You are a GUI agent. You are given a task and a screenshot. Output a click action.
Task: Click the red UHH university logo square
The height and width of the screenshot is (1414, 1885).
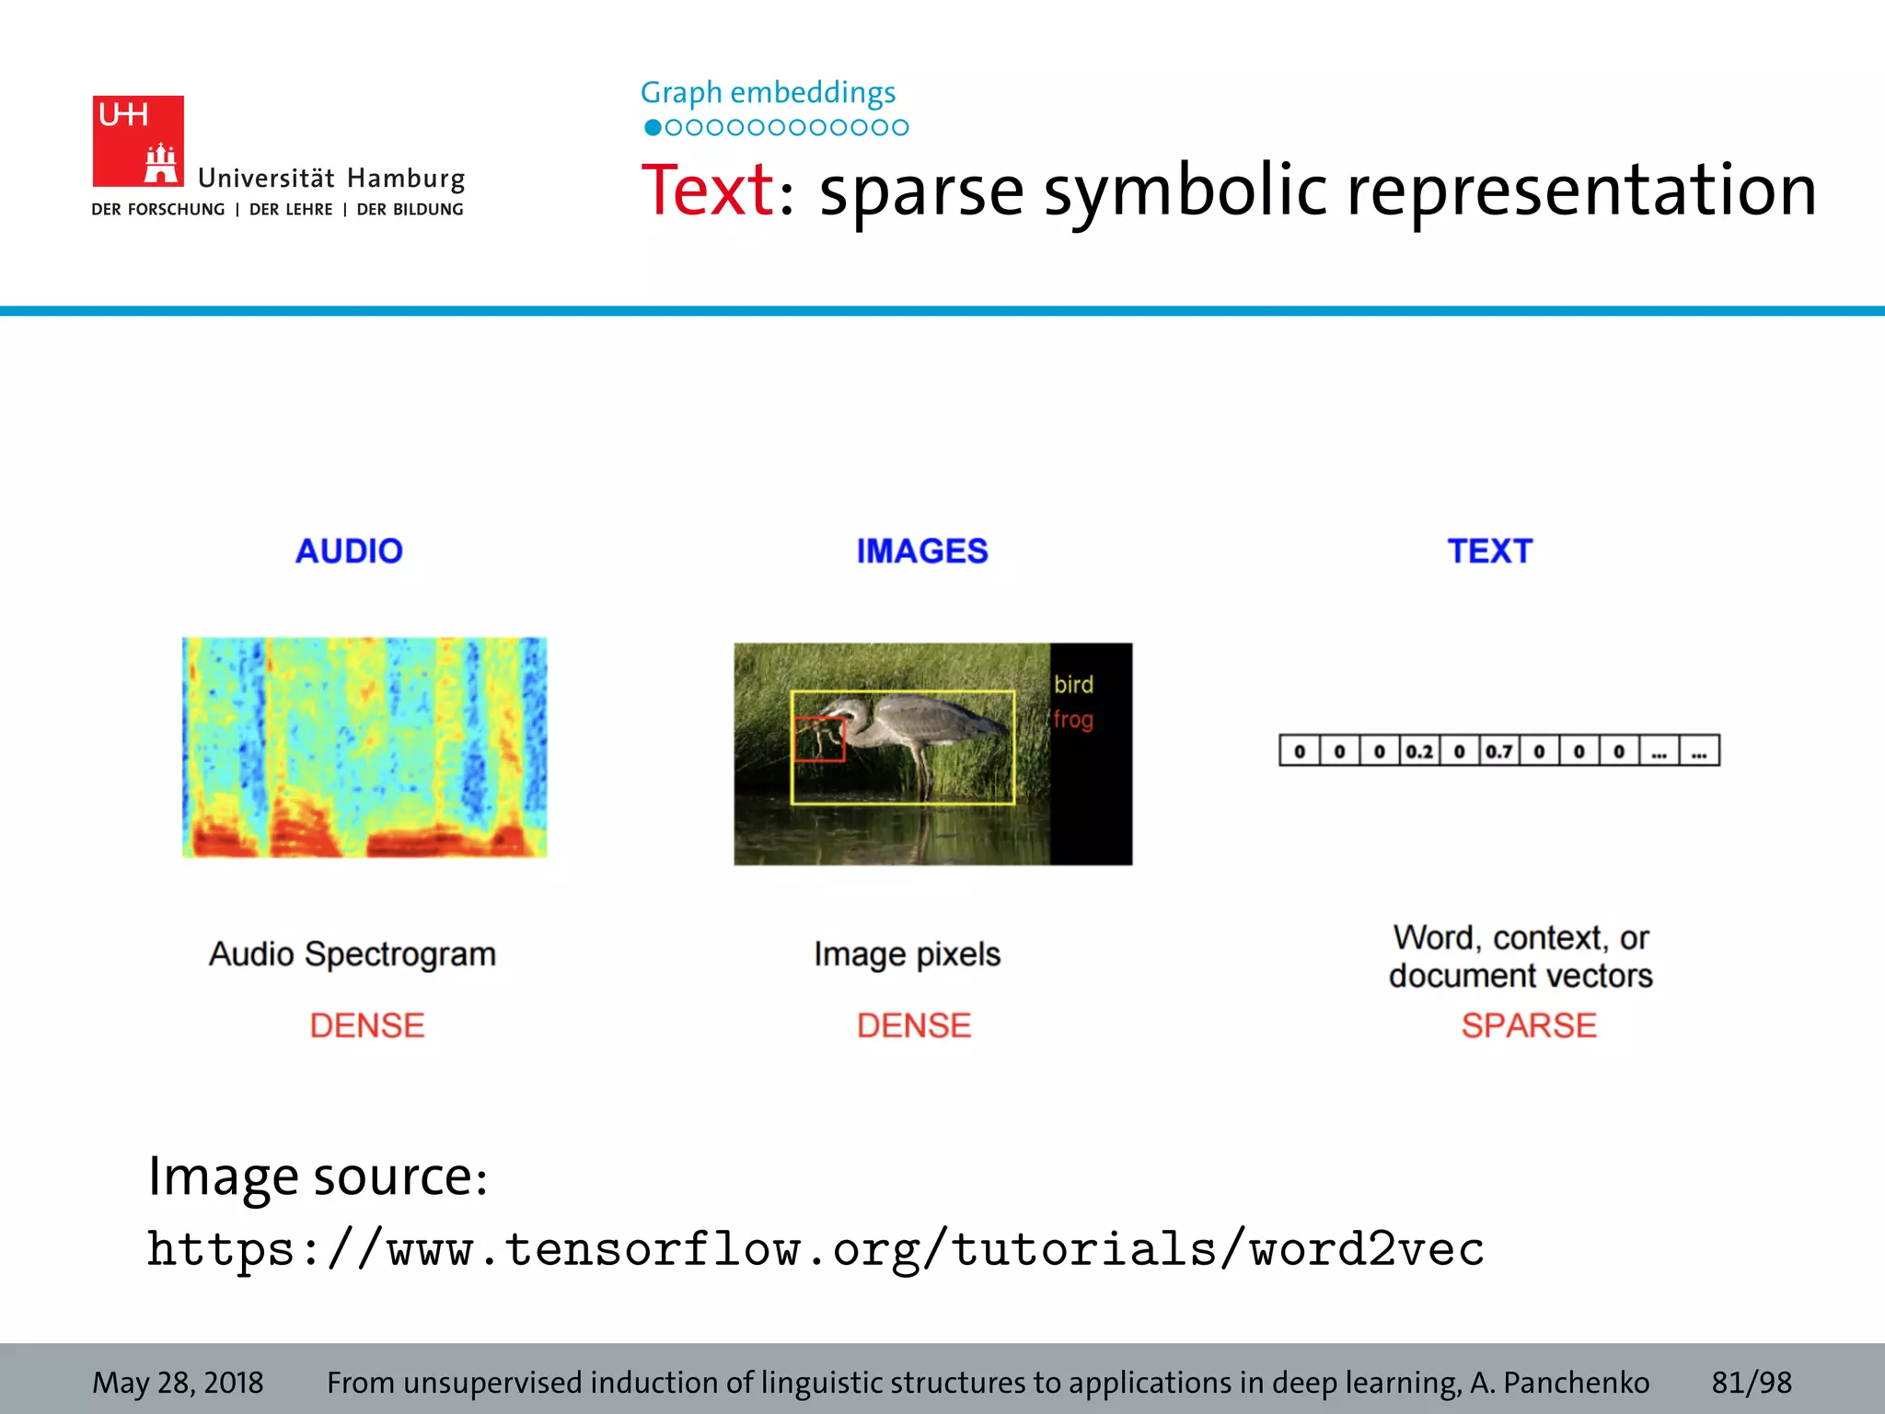click(x=138, y=141)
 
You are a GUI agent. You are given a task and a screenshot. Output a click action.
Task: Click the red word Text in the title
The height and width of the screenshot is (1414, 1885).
click(x=708, y=191)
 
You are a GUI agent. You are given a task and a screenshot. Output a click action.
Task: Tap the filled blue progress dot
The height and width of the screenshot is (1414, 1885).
click(x=653, y=128)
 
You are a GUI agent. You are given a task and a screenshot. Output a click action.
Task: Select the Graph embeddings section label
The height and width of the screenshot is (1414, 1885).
click(x=768, y=93)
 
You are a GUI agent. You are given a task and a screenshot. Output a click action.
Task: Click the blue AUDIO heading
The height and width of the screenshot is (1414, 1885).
click(x=349, y=551)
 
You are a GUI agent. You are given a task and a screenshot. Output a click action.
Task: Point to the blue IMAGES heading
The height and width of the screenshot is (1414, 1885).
click(x=922, y=551)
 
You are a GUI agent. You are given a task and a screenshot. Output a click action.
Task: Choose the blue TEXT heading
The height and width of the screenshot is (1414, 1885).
click(x=1490, y=551)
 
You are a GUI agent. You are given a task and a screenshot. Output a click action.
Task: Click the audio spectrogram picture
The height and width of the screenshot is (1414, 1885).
click(x=364, y=747)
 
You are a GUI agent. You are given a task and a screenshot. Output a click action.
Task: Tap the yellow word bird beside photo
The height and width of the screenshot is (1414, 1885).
click(x=1073, y=685)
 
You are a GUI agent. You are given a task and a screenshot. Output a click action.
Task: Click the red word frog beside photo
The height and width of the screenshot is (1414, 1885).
click(x=1073, y=719)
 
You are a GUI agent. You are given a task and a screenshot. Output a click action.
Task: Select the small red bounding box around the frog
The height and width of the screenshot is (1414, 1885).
click(x=818, y=739)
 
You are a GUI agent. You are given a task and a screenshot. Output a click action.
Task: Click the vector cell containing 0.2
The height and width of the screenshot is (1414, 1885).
click(x=1419, y=751)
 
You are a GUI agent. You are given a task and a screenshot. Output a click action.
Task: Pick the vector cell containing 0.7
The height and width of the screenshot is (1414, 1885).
click(x=1499, y=751)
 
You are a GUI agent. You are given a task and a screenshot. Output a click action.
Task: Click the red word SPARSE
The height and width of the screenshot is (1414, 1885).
click(x=1529, y=1026)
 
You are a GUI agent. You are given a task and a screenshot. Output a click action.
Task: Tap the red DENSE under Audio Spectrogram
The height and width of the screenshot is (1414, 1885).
click(x=367, y=1026)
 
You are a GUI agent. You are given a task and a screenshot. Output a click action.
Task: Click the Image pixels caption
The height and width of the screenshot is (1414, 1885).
click(x=907, y=955)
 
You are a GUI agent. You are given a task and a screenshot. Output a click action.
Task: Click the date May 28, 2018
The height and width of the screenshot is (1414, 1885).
click(x=178, y=1382)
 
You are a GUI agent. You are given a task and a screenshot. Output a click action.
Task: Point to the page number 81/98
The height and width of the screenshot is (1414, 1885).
click(x=1752, y=1382)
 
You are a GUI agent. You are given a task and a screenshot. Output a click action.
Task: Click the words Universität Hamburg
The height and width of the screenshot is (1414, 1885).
click(x=331, y=179)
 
